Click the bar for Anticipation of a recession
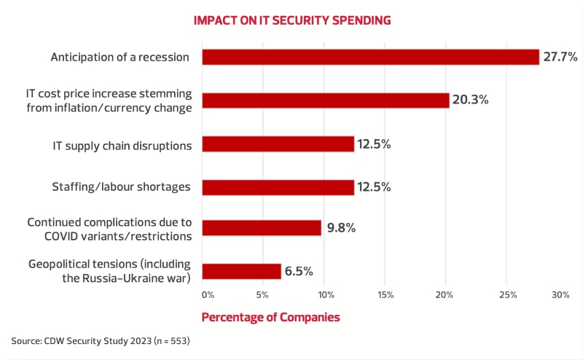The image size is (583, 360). [370, 57]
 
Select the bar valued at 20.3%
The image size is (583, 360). [325, 101]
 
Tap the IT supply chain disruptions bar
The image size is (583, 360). [278, 144]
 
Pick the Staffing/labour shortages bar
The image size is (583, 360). [278, 187]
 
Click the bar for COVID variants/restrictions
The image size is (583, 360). [262, 228]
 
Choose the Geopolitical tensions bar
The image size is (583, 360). [241, 271]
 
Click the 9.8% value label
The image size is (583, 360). [340, 228]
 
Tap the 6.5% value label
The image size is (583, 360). [299, 271]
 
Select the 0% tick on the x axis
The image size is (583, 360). [208, 295]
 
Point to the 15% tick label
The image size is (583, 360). [386, 295]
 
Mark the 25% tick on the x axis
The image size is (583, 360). [508, 295]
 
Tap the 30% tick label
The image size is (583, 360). [560, 295]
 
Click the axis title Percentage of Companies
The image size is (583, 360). [270, 318]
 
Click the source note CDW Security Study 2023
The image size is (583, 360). [100, 341]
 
